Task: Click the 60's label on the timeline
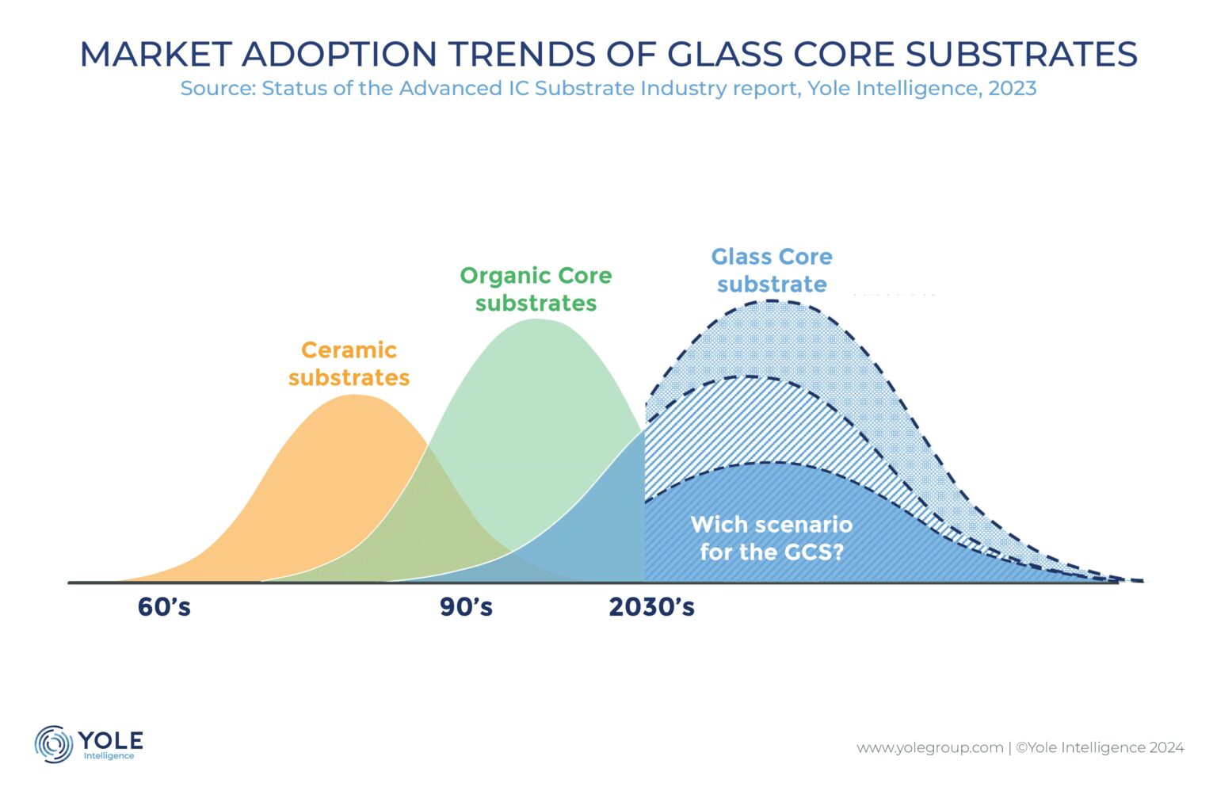[x=164, y=607]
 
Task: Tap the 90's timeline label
[x=466, y=607]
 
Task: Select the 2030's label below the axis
[x=651, y=607]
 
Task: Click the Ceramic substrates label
[x=349, y=364]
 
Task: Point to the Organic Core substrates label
[x=536, y=289]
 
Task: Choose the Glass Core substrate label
[x=772, y=270]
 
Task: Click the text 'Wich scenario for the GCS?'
[x=771, y=538]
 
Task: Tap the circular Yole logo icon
[x=54, y=744]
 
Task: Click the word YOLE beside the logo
[x=110, y=740]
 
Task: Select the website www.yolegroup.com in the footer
[x=929, y=747]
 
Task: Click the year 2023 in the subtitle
[x=1012, y=88]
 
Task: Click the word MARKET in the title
[x=155, y=54]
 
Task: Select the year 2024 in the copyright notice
[x=1166, y=747]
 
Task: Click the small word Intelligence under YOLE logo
[x=109, y=756]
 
